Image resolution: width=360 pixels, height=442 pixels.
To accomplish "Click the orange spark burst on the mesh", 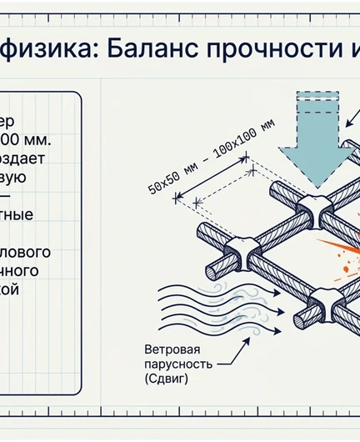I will tap(341, 255).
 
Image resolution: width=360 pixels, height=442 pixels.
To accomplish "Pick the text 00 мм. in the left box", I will tap(24, 138).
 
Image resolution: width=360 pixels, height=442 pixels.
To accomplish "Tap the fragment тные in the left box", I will tap(18, 213).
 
